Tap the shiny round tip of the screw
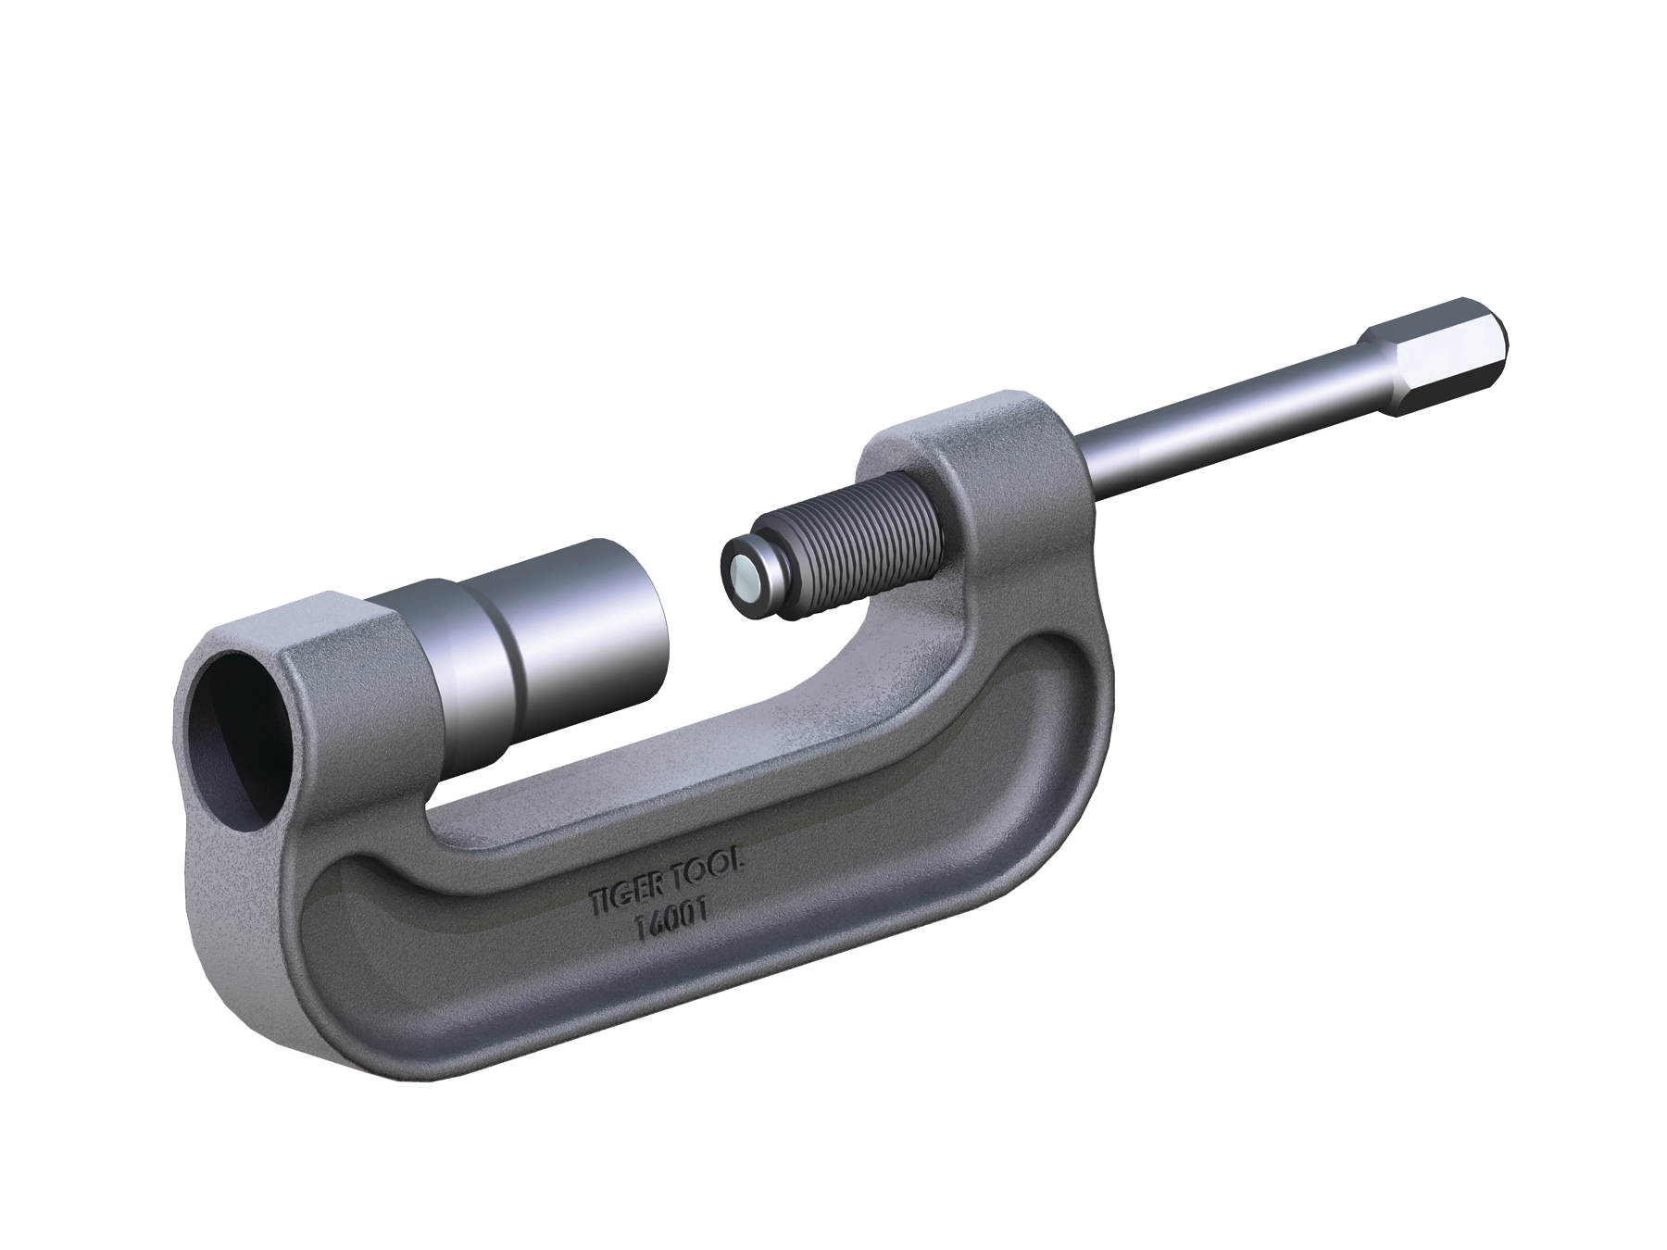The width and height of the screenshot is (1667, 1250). coord(744,576)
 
